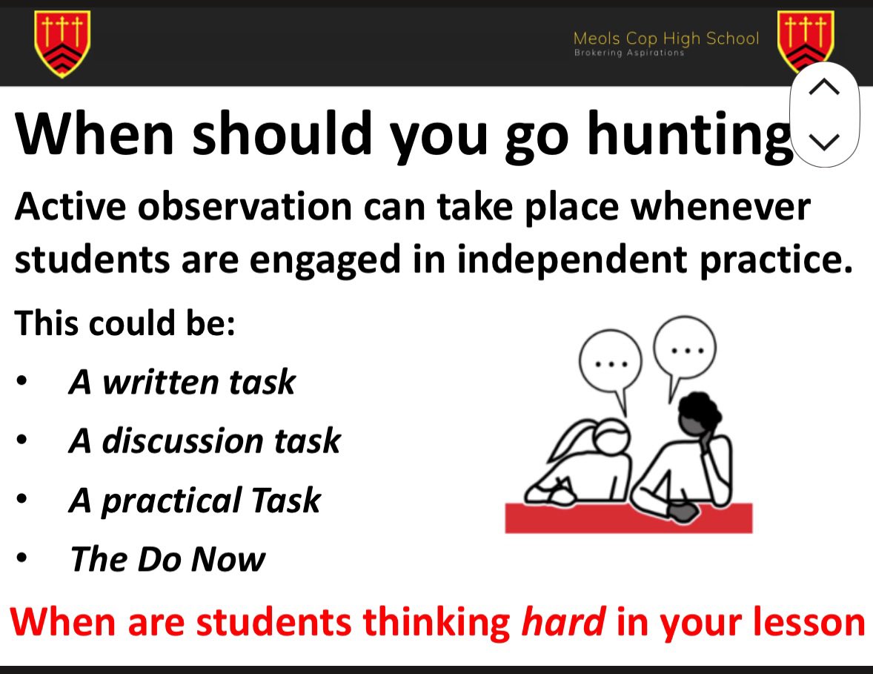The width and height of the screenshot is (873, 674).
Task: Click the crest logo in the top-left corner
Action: pos(62,44)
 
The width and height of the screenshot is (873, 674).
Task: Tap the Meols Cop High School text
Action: pos(666,39)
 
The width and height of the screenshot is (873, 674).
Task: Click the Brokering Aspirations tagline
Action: pos(629,53)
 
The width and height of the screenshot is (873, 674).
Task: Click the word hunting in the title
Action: pos(689,136)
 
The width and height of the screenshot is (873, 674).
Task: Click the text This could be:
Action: pos(125,323)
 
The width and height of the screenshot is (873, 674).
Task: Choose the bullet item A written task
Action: pos(182,382)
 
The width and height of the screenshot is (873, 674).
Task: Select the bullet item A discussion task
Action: pos(205,440)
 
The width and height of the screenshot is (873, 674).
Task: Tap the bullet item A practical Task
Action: pos(195,500)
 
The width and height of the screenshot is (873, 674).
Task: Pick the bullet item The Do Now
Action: pos(167,558)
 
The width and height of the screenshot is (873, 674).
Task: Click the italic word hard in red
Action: pos(563,621)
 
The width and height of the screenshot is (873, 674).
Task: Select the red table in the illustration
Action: pos(628,518)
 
